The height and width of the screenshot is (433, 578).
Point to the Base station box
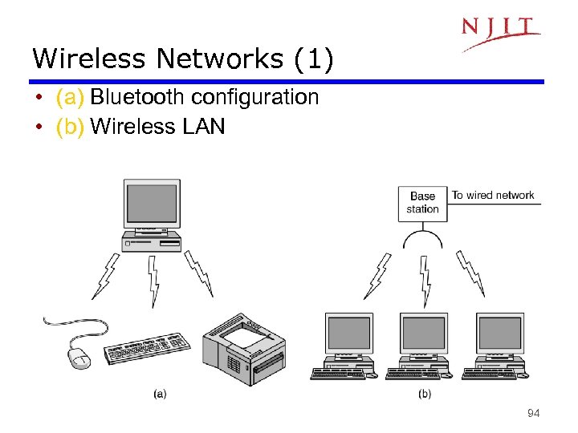point(422,203)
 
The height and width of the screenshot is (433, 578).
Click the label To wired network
point(493,195)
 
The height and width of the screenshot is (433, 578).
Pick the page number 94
point(533,414)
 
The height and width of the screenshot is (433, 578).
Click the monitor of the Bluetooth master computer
point(151,204)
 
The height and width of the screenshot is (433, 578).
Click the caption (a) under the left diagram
point(160,394)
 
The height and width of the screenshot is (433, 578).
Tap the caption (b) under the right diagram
point(424,394)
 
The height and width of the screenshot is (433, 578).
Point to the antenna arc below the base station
point(423,238)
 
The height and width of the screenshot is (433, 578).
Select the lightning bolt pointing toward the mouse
point(107,274)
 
